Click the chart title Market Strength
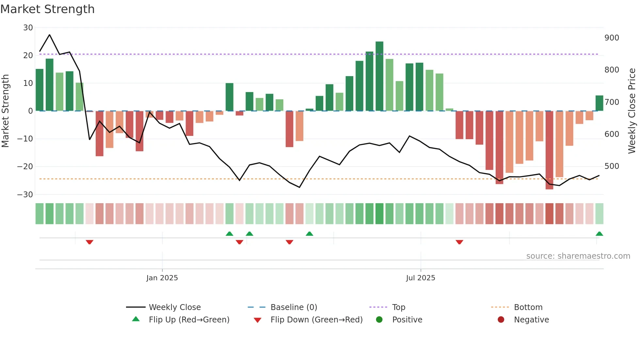coord(47,9)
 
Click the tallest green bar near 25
coord(379,76)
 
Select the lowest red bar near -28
coord(549,150)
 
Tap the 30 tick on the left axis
coord(28,28)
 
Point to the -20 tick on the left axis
coord(25,167)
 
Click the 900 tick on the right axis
coord(612,38)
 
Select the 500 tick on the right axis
coord(612,166)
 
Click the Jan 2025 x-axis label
coord(162,278)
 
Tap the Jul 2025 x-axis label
coord(421,278)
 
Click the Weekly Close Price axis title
coord(632,111)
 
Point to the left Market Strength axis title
coord(6,111)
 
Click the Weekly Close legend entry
coord(174,307)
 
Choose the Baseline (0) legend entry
coord(294,307)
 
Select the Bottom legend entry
coord(528,307)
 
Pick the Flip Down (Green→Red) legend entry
coord(316,320)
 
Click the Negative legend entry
coord(531,320)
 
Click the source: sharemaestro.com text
coord(578,256)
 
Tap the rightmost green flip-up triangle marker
coord(599,234)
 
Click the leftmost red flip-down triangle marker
coord(89,242)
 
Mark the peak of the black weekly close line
coord(50,35)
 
